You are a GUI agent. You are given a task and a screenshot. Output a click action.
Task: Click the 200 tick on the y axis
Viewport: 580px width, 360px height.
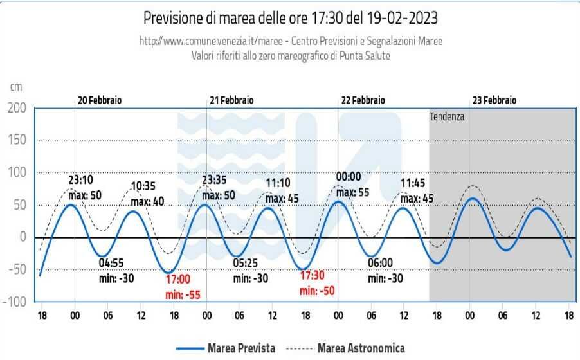[x=17, y=108]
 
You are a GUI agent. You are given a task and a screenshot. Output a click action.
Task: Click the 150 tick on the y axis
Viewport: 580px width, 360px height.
[x=17, y=140]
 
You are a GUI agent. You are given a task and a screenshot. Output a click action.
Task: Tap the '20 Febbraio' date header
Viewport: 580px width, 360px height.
[x=100, y=100]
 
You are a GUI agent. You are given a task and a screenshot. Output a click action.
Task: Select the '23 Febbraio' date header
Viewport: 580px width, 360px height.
[x=494, y=100]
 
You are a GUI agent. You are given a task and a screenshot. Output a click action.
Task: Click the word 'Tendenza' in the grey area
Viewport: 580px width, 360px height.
[x=447, y=117]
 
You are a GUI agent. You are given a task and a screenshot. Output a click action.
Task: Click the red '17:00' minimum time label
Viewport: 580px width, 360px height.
[x=178, y=279]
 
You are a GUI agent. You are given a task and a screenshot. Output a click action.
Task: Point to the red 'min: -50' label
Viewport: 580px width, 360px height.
[x=318, y=291]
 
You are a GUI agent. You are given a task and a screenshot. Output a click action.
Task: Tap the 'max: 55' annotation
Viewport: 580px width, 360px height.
[x=354, y=192]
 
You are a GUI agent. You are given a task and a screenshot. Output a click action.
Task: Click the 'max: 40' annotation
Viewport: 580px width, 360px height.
[x=147, y=202]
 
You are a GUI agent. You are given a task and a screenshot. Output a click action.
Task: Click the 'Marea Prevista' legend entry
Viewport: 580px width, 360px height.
[x=241, y=348]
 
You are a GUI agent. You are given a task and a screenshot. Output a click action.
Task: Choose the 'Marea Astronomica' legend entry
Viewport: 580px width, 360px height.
[x=361, y=348]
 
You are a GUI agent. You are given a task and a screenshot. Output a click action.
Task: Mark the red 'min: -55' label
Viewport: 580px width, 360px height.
[x=183, y=294]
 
